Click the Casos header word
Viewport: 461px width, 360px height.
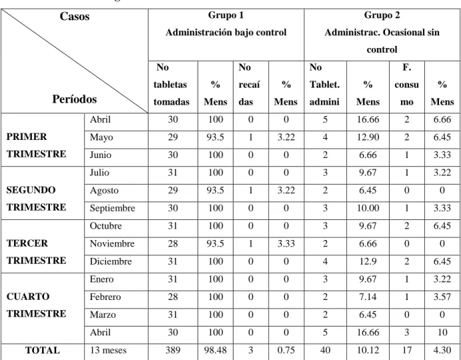(74, 17)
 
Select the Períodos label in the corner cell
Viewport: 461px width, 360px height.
(74, 99)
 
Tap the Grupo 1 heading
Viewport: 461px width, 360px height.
(225, 15)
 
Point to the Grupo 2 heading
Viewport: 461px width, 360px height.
(382, 15)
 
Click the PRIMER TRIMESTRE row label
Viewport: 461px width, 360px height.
(36, 145)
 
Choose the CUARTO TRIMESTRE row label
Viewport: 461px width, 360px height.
(36, 305)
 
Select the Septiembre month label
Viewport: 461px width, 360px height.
(112, 209)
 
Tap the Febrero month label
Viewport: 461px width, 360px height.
(105, 297)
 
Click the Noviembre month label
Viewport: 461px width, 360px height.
(112, 243)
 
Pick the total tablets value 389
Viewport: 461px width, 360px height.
(173, 350)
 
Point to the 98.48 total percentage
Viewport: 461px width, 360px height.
(215, 350)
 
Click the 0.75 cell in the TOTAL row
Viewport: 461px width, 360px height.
(286, 350)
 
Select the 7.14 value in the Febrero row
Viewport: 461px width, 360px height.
(368, 297)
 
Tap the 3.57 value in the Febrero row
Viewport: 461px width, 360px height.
(442, 297)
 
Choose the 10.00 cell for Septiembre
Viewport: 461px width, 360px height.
(368, 209)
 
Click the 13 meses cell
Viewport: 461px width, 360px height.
(108, 350)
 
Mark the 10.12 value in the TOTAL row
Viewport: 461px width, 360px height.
(368, 350)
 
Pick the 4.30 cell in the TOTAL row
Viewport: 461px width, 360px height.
(442, 350)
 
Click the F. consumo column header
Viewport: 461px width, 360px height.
(406, 85)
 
